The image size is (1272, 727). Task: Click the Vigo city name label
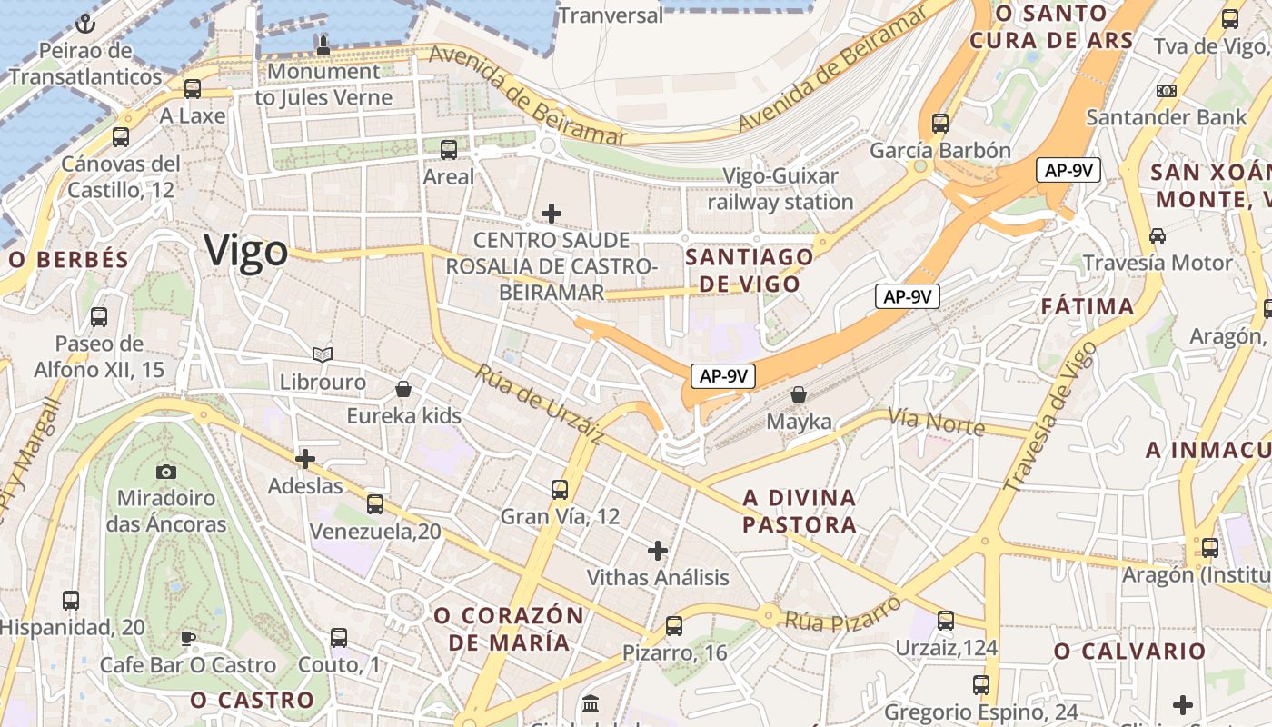[246, 250]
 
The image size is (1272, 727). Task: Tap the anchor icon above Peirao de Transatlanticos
[86, 24]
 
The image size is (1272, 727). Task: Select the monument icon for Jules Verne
[323, 43]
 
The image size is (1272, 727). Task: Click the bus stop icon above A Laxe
[193, 88]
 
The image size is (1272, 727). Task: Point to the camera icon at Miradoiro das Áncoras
[166, 471]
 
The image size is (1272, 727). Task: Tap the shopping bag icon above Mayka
[799, 394]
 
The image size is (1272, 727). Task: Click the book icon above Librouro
[323, 354]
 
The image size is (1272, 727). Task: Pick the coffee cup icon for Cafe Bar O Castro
[187, 638]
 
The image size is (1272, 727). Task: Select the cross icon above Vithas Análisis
[658, 550]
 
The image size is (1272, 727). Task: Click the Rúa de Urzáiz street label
[539, 404]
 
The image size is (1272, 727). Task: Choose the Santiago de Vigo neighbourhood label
[750, 270]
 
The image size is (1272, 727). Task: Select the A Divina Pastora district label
[800, 511]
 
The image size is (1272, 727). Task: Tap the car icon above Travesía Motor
[1158, 235]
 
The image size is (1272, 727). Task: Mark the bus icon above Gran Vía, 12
[560, 489]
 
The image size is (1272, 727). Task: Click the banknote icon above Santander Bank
[1167, 91]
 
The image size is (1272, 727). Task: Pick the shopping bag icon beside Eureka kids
[403, 389]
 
